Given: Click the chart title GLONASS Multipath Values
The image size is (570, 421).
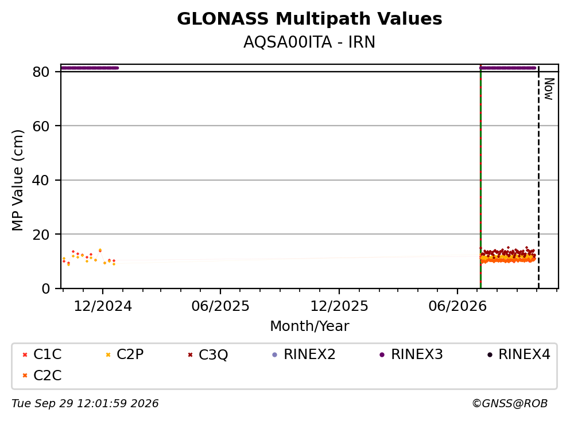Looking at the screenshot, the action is pos(309,19).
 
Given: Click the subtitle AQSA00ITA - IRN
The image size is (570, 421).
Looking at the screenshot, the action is pos(309,42).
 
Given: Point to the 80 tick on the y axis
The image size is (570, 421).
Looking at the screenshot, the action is pos(41,72).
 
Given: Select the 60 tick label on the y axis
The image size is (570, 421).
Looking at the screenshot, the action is pos(41,126).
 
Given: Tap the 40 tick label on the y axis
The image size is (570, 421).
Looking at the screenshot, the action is pos(41,180).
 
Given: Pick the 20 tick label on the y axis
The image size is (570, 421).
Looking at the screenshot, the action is pos(41,235).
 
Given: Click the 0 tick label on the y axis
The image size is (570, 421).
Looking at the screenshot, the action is pos(45,289).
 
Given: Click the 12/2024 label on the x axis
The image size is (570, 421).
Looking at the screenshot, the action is pos(103,306).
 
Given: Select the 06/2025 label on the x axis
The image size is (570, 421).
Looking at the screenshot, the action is pos(220,306).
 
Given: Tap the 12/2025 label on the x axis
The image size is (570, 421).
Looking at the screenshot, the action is pos(339,306).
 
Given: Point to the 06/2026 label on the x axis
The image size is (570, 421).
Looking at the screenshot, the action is pos(457,306).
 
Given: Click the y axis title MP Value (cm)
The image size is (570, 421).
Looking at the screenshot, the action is pos(17,180).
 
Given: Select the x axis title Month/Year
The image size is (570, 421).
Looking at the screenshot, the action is pos(309,326).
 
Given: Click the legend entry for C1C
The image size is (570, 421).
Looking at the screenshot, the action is pos(42,354).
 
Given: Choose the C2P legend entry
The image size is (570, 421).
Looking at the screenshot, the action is pos(125,354).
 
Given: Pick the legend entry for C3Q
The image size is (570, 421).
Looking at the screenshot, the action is pos(208,354).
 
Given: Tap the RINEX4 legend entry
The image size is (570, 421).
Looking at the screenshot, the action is pos(519,354).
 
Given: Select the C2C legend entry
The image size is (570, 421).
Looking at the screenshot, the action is pos(42,375).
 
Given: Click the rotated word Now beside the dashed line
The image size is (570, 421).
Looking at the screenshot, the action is pos(549,89).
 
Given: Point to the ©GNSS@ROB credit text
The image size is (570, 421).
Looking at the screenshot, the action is pos(510,404).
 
